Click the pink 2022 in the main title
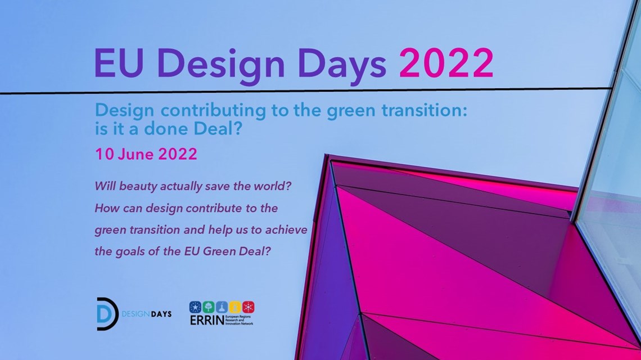pos(446,63)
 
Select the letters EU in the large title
pos(119,64)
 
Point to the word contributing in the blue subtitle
pos(212,111)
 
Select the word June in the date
pos(136,154)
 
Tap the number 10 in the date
pos(104,154)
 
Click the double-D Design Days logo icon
pos(107,314)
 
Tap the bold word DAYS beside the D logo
pos(161,314)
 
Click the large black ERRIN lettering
pos(207,320)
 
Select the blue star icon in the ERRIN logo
pos(195,307)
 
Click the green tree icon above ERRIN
pos(208,307)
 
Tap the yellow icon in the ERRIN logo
pos(234,307)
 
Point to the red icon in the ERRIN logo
pos(248,307)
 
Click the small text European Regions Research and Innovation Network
pos(239,320)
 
